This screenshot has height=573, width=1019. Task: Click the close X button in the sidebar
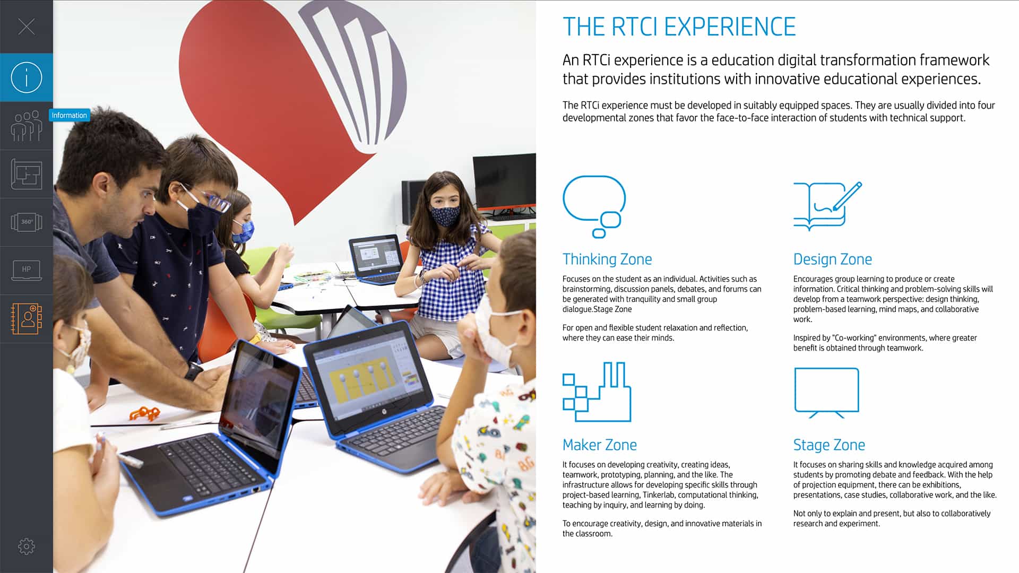(27, 27)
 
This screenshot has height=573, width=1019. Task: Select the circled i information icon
(27, 77)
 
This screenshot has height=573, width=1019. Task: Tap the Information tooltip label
(69, 115)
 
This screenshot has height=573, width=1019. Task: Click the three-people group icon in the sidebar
(27, 126)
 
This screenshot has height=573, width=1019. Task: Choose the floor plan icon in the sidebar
(27, 174)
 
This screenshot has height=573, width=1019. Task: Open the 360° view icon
(27, 222)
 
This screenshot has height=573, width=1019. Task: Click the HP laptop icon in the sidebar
(27, 270)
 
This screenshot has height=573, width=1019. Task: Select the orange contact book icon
(27, 318)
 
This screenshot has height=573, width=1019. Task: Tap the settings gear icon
(27, 546)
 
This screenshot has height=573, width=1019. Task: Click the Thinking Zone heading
(607, 259)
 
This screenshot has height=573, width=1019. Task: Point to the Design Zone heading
(832, 259)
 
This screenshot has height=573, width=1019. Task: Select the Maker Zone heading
(600, 445)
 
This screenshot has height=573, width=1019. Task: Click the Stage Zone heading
(829, 445)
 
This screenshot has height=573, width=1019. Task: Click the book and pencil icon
(827, 206)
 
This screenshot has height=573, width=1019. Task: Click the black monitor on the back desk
(504, 181)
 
